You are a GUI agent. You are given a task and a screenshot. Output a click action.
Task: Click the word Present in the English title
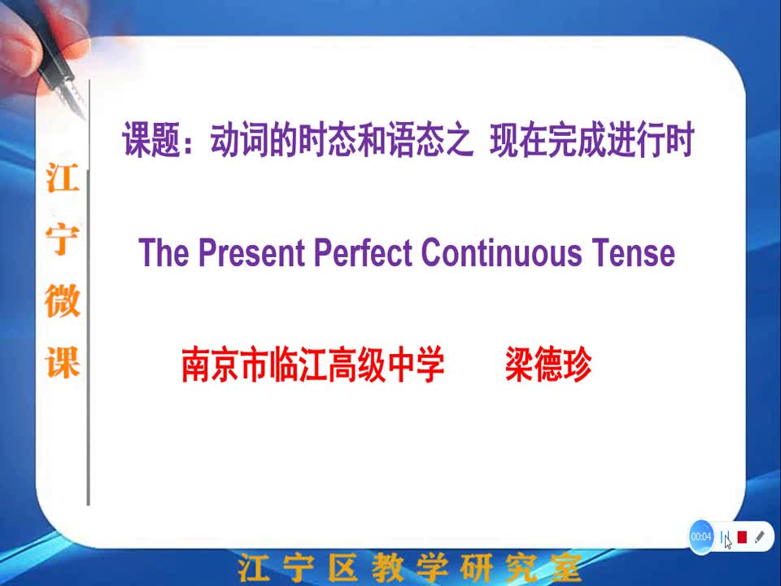(251, 252)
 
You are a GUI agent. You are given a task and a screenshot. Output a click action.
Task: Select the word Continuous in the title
(502, 252)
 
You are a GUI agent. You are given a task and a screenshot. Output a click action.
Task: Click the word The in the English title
(164, 252)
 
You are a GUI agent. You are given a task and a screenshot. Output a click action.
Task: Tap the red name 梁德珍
(548, 365)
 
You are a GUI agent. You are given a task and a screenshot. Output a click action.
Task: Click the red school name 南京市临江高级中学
(312, 365)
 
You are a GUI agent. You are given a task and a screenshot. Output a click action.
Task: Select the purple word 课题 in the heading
(151, 140)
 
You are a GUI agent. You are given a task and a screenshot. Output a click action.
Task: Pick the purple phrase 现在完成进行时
(592, 140)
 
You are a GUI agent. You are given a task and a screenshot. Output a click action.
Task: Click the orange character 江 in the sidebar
(63, 178)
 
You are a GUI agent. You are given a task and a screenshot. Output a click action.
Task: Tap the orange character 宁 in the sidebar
(63, 239)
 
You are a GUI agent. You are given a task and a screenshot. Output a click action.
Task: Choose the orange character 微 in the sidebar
(63, 301)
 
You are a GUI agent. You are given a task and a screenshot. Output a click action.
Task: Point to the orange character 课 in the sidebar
(63, 362)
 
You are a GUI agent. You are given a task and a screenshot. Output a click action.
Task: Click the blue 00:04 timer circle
(700, 536)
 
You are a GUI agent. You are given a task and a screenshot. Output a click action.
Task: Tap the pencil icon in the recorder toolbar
(760, 536)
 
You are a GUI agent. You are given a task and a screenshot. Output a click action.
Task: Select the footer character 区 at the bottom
(343, 567)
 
